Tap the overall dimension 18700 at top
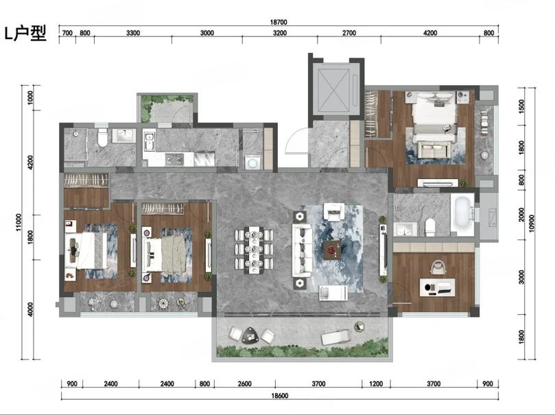[x=279, y=22]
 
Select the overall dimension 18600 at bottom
[x=280, y=396]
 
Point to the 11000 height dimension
[x=19, y=222]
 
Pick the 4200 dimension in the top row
[x=430, y=33]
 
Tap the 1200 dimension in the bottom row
[x=376, y=384]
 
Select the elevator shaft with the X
[x=334, y=89]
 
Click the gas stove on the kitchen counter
[x=174, y=160]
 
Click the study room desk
[x=437, y=287]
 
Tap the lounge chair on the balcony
[x=335, y=337]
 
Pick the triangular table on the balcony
[x=251, y=335]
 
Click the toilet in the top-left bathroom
[x=102, y=138]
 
